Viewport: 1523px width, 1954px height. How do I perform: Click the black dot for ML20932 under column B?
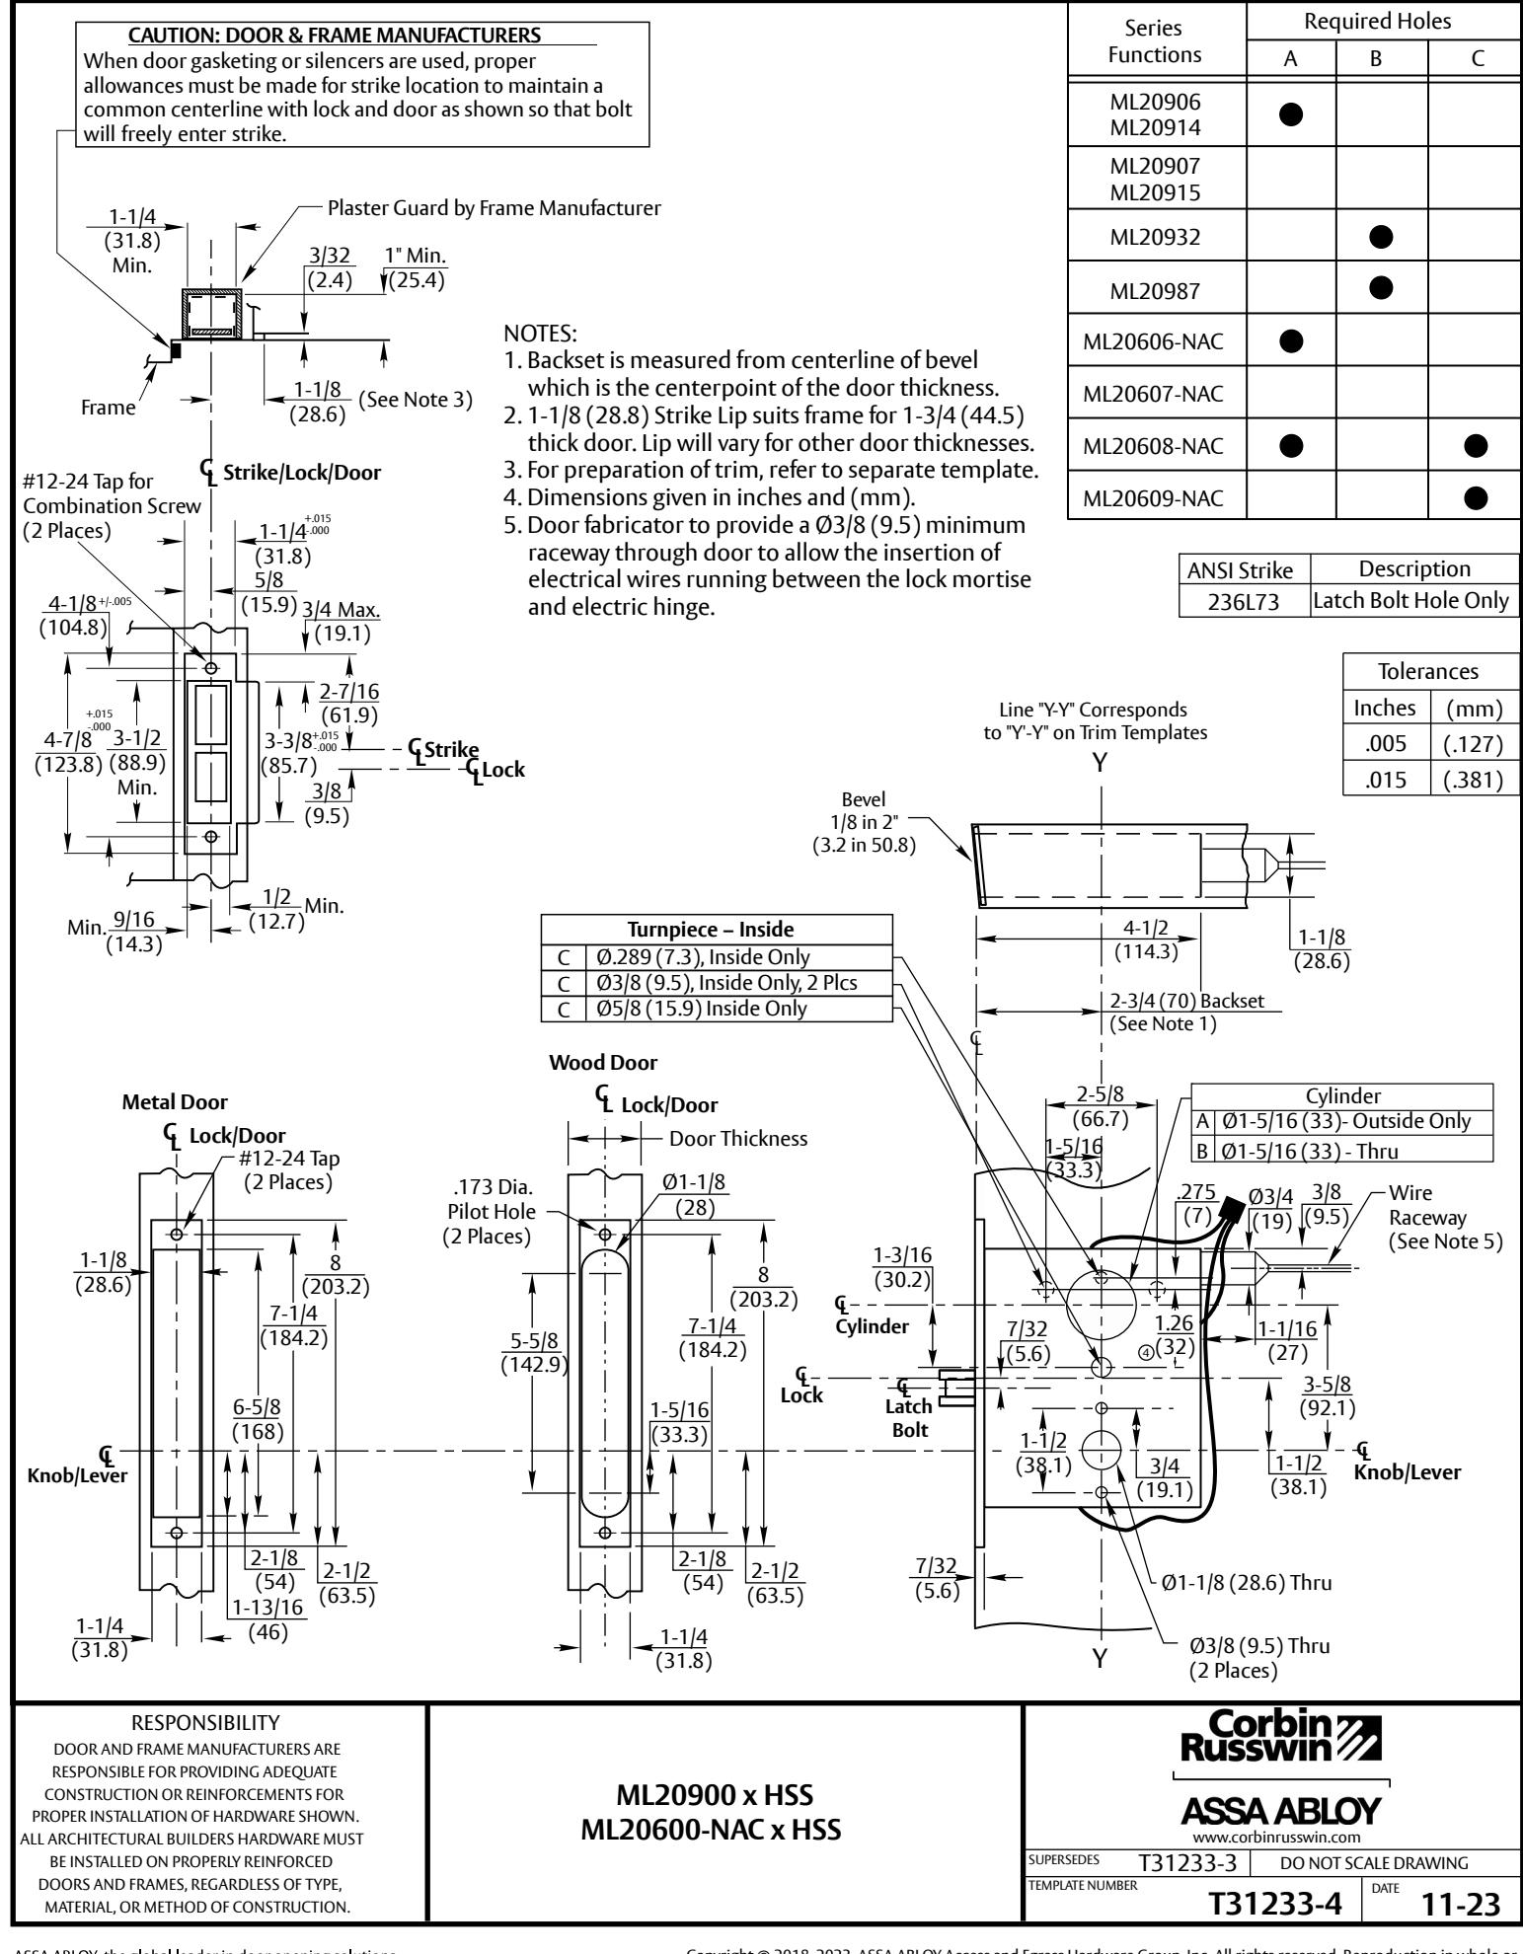(1382, 236)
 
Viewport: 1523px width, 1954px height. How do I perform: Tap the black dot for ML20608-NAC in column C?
(1476, 446)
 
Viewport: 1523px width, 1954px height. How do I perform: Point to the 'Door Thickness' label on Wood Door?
(737, 1138)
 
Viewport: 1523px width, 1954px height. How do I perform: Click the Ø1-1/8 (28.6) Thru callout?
(1246, 1582)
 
